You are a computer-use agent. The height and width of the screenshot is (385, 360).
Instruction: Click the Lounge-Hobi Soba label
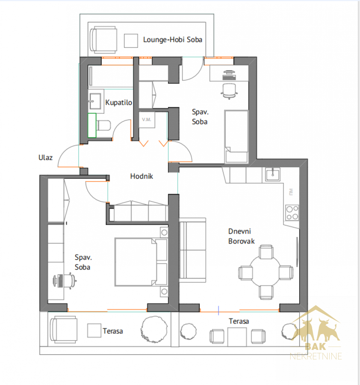click(172, 39)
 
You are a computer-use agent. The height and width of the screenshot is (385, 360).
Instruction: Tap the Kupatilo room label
click(118, 102)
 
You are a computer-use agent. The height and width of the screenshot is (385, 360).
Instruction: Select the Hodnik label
click(142, 176)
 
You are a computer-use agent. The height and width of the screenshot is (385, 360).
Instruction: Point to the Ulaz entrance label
click(45, 157)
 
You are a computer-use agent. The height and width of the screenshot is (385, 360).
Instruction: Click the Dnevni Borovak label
click(242, 236)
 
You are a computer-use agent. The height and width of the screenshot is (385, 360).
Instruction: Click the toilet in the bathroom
click(103, 125)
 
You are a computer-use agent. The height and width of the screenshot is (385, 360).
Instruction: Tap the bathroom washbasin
click(95, 101)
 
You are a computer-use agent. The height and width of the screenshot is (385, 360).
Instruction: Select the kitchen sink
click(272, 174)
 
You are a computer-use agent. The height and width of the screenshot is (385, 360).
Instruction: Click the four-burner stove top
click(292, 213)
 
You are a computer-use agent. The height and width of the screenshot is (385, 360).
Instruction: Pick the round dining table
click(265, 271)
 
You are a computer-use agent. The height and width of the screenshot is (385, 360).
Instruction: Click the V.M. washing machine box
click(147, 120)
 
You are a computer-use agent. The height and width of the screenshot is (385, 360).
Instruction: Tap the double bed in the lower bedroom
click(141, 262)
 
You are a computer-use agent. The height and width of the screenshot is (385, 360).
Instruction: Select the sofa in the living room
click(193, 250)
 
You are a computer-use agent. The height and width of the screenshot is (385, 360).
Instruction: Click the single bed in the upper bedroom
click(236, 136)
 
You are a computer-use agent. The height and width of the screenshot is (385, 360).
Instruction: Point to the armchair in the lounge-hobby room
click(103, 39)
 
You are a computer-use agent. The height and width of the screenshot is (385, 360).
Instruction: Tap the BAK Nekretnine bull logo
click(316, 333)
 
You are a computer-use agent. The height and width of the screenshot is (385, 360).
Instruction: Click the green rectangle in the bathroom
click(92, 125)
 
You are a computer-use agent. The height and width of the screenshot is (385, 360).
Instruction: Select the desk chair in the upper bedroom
click(229, 91)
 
